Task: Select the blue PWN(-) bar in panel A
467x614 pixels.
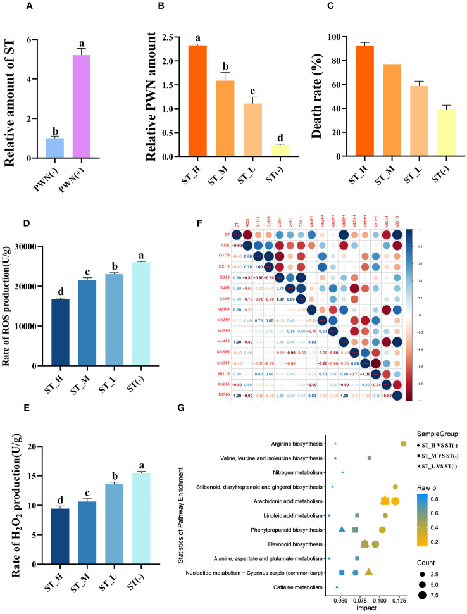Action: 54,148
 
